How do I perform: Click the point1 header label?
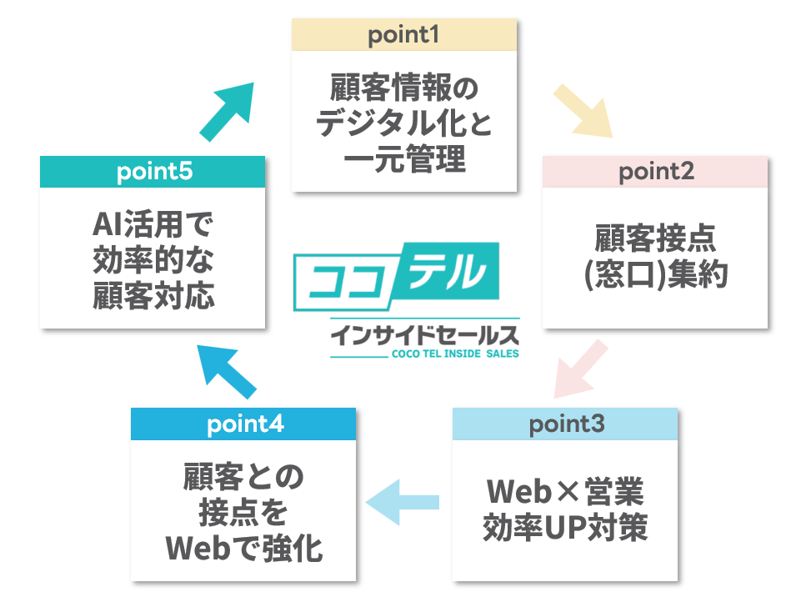coord(403,36)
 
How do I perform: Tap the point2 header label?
coord(656,173)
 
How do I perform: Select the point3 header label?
coord(566,424)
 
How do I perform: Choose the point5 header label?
coord(154,173)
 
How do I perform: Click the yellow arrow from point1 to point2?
coord(583,111)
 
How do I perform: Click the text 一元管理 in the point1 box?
coord(403,157)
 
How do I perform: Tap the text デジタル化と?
coord(403,123)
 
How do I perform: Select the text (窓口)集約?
coord(655,274)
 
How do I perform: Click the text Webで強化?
coord(244,547)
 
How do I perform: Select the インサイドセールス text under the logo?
coord(424,335)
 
